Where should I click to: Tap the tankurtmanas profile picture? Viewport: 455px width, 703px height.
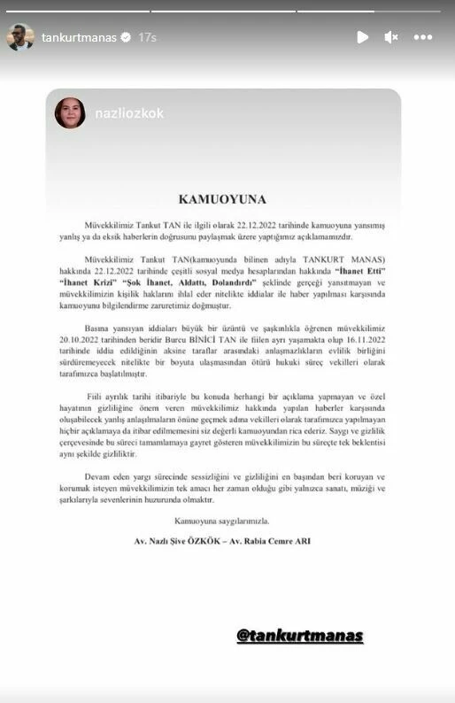21,37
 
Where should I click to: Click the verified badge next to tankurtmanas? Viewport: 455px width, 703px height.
126,37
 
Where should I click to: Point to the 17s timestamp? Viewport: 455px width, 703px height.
148,37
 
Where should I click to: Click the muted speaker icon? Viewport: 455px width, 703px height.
391,37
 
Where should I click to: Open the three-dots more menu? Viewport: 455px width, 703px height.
423,37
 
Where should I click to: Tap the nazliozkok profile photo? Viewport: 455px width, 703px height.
70,113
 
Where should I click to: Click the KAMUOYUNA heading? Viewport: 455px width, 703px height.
227,199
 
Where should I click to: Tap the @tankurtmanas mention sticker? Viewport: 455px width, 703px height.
299,635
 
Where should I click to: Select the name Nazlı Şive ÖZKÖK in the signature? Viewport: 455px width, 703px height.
189,539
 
